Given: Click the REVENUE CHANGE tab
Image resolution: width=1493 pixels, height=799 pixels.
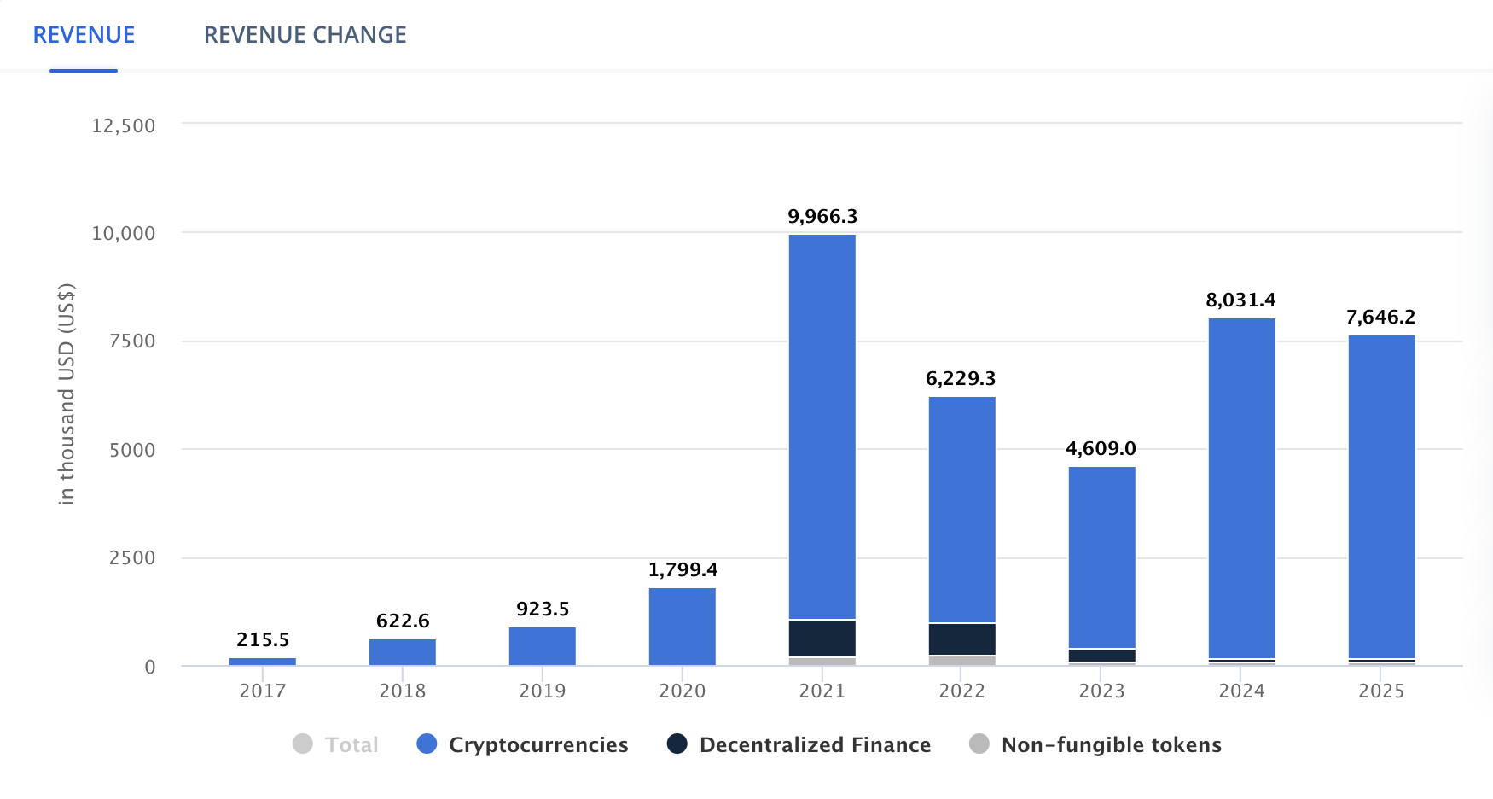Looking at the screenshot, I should click(305, 35).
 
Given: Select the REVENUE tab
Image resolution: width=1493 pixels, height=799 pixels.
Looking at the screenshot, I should click(84, 35).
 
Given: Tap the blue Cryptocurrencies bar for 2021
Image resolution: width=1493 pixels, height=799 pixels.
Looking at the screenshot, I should click(822, 427).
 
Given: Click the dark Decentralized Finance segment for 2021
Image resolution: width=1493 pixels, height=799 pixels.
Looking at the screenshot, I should click(822, 639).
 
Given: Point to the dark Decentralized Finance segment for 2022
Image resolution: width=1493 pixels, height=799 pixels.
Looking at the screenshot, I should click(961, 639).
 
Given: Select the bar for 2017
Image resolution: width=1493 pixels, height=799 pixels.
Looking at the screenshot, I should click(263, 662).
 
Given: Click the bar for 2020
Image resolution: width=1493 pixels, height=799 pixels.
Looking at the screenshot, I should click(682, 627).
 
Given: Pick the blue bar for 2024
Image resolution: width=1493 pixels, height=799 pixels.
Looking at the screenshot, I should click(1241, 487).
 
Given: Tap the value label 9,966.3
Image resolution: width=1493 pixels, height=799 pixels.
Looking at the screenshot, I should click(822, 217).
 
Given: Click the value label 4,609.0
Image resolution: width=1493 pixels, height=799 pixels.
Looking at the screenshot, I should click(1101, 449).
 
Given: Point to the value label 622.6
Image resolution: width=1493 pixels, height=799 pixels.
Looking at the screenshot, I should click(403, 621).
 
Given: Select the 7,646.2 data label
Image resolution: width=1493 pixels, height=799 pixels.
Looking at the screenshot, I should click(1380, 318).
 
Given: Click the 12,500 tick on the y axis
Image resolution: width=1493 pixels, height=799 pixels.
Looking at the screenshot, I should click(124, 126).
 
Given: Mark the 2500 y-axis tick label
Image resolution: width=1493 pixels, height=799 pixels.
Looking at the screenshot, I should click(132, 558).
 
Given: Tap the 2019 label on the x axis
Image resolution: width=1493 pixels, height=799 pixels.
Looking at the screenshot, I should click(543, 691).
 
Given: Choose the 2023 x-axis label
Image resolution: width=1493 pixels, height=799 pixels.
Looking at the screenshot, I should click(1101, 691).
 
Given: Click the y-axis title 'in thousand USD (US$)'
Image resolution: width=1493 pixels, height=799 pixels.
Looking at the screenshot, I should click(67, 394).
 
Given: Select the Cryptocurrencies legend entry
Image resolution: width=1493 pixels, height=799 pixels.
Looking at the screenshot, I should click(537, 745).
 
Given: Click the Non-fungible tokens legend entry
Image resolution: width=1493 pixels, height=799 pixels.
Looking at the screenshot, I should click(1111, 745).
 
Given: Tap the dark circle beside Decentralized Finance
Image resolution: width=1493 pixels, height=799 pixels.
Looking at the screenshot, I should click(677, 744).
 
